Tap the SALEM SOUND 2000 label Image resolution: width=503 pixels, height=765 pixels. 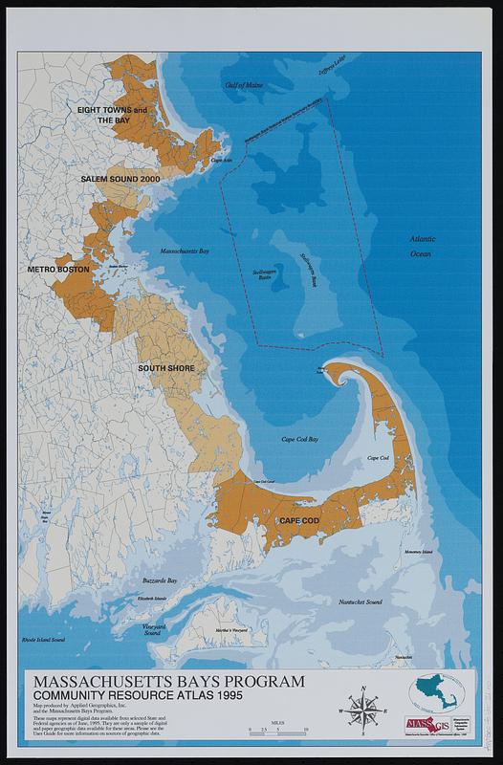[120, 179]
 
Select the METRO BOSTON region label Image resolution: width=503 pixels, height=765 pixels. [59, 271]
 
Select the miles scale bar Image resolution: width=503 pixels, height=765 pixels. [277, 729]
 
